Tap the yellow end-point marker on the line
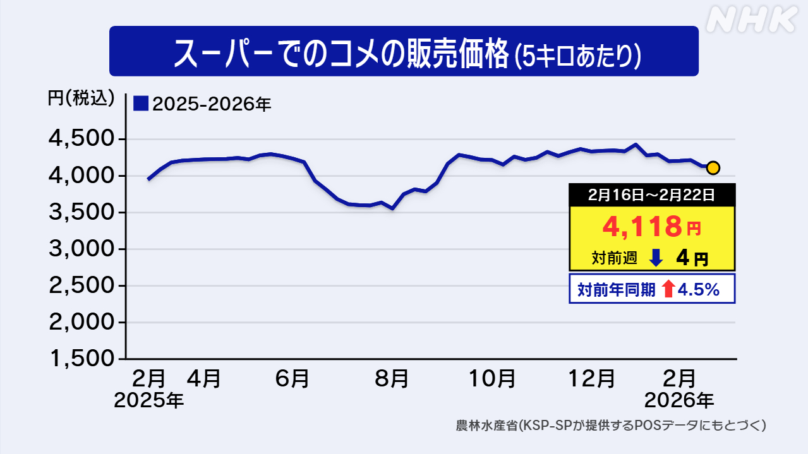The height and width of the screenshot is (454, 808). coord(713,167)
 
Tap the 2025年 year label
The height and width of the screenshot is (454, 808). coord(149,400)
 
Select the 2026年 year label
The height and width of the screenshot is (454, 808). coord(679,400)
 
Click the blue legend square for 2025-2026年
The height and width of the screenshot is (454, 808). coord(141,103)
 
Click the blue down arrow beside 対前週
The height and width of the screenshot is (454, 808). coord(655,257)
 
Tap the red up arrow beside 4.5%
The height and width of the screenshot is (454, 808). coord(668,289)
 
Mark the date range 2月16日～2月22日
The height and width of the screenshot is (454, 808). coord(651,195)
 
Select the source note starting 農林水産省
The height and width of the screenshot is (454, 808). coord(611,425)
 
